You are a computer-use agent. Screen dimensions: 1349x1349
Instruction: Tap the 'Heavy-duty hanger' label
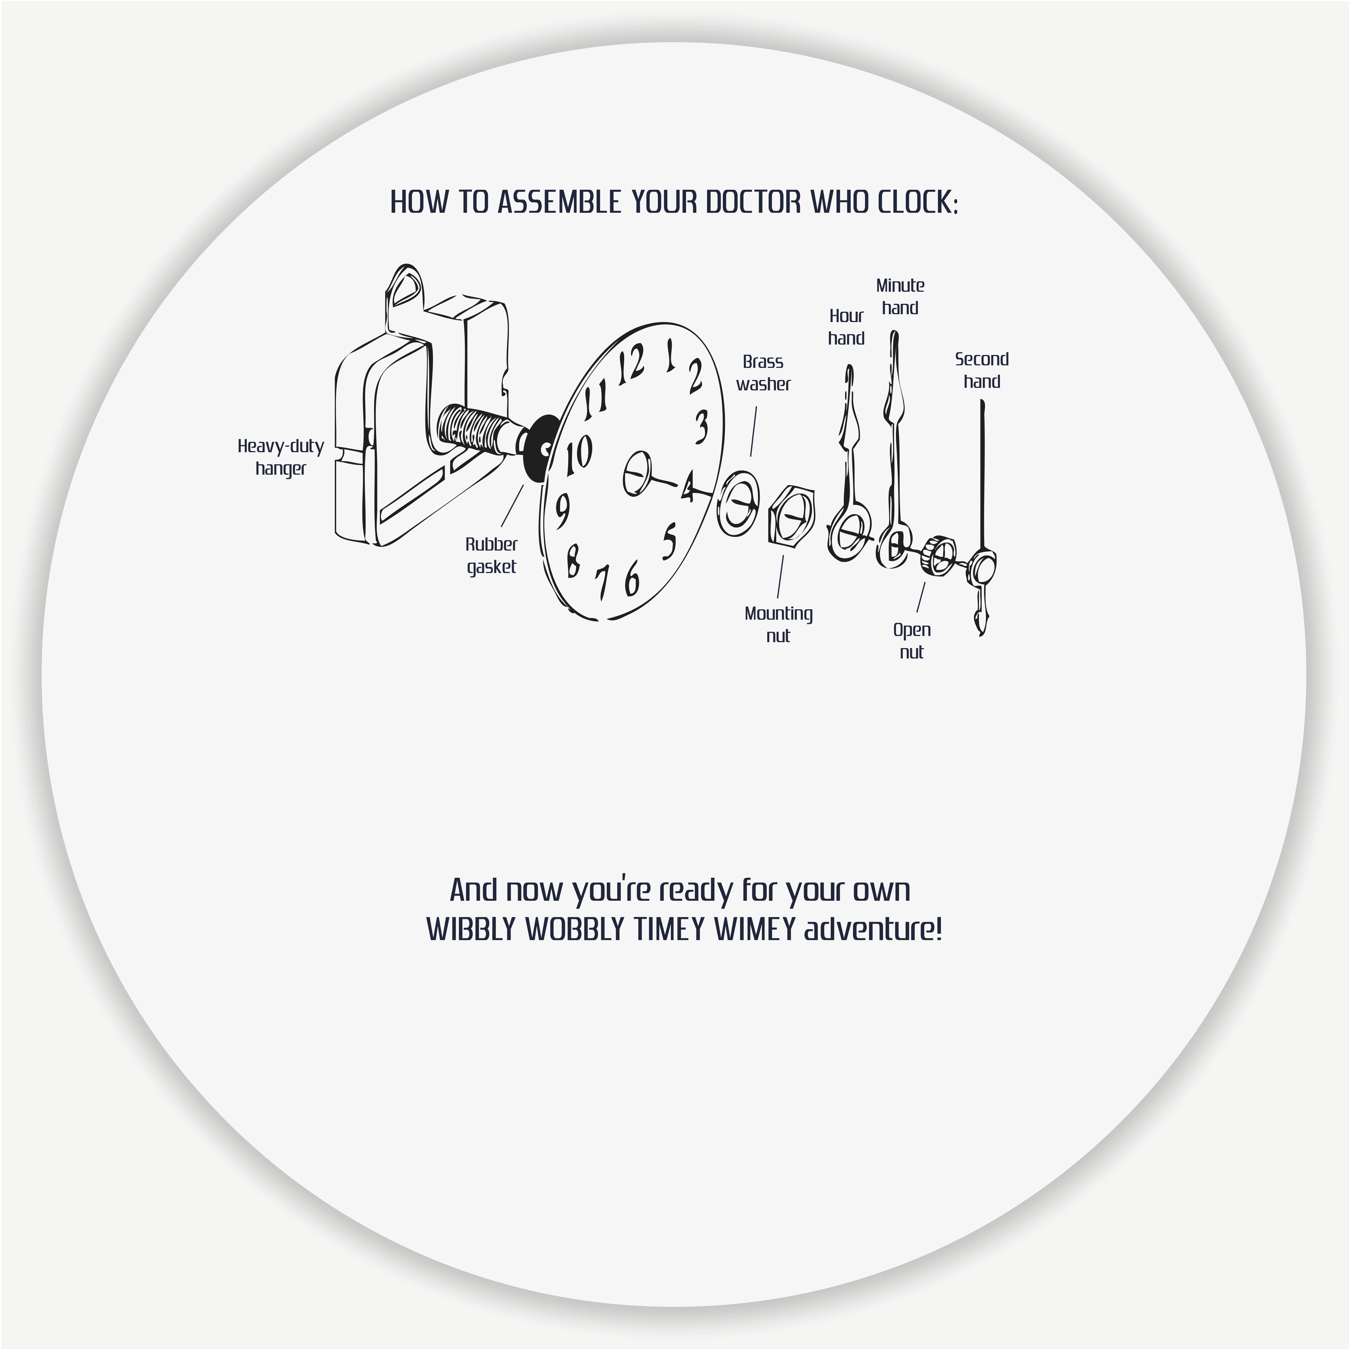coord(281,457)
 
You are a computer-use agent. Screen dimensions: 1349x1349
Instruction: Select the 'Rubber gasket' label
coord(492,555)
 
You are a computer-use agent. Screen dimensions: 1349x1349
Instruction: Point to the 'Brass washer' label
coord(763,373)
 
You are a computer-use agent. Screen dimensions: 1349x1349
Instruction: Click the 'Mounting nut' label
coord(778,624)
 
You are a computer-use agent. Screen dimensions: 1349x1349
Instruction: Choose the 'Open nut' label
coord(912,640)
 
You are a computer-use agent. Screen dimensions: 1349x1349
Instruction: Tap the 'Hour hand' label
coord(846,327)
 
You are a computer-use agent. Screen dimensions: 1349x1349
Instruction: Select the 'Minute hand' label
coord(900,296)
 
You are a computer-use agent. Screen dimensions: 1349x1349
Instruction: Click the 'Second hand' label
coord(982,370)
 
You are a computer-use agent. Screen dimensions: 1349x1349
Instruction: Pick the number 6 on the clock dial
coord(632,578)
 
